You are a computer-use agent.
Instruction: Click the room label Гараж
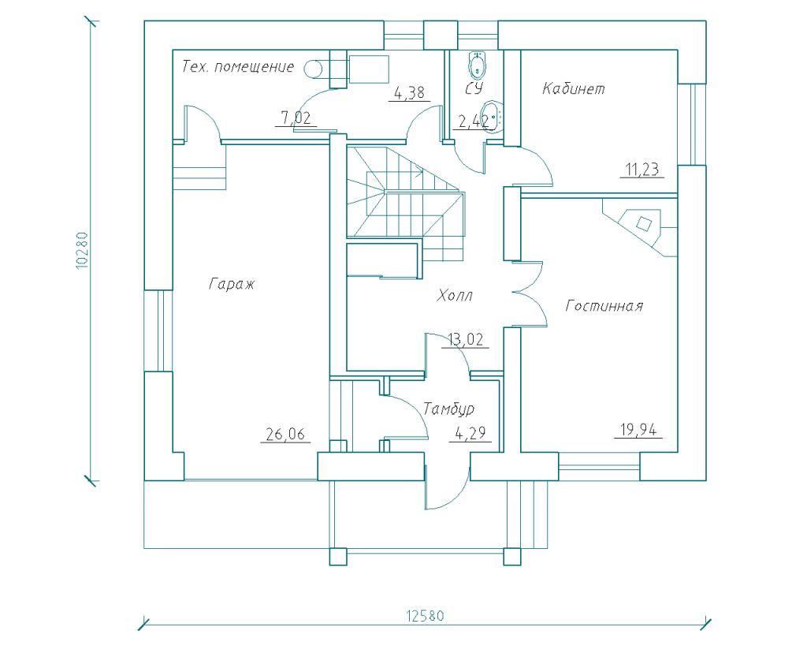click(x=232, y=283)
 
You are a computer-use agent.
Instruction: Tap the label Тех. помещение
click(x=237, y=67)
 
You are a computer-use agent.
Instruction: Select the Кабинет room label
click(x=574, y=88)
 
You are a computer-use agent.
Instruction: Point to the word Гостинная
click(x=604, y=306)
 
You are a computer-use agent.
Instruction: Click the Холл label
click(x=456, y=297)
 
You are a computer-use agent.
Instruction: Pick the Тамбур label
click(x=448, y=409)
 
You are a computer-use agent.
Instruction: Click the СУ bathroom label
click(x=473, y=88)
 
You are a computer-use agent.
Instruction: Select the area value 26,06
click(x=285, y=433)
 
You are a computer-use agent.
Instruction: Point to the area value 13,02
click(x=467, y=340)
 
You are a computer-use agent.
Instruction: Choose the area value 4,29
click(x=470, y=433)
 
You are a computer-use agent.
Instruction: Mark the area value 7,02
click(x=296, y=119)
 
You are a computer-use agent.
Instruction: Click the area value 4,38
click(x=409, y=93)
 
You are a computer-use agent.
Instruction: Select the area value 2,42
click(x=474, y=121)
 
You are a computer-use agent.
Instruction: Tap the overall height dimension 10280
click(x=81, y=251)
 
